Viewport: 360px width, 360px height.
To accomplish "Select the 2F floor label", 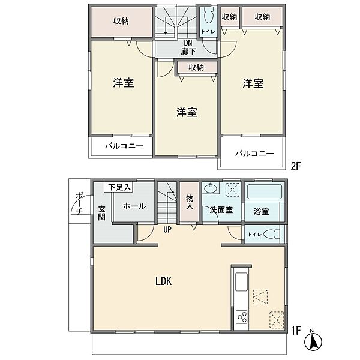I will pyautogui.click(x=295, y=166).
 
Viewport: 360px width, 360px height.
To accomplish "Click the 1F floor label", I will pyautogui.click(x=295, y=329).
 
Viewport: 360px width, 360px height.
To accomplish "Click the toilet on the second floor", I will pyautogui.click(x=208, y=18).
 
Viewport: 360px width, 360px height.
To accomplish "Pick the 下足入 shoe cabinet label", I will pyautogui.click(x=120, y=187).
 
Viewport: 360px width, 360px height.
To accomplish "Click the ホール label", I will pyautogui.click(x=134, y=206).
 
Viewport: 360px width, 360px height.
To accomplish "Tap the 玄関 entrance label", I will pyautogui.click(x=102, y=212).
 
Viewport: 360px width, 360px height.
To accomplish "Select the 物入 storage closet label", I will pyautogui.click(x=189, y=202).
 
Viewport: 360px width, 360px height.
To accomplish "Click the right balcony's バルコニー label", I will pyautogui.click(x=254, y=154).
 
